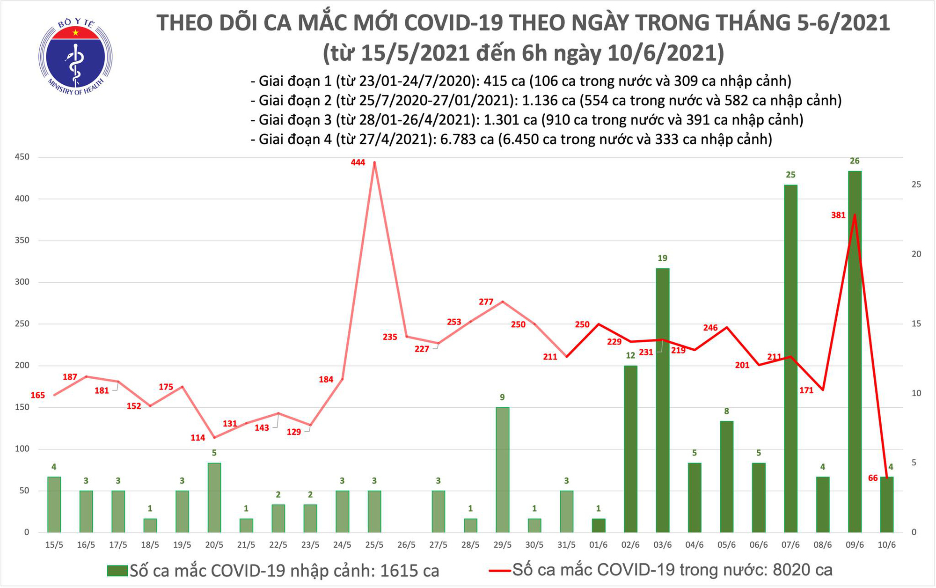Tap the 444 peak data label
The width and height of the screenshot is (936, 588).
tap(358, 162)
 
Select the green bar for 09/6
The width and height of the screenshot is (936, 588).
tap(854, 351)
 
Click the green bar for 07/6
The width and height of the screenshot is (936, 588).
tap(790, 358)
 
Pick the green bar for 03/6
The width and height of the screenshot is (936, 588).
tap(662, 400)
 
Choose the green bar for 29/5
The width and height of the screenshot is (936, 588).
tap(502, 470)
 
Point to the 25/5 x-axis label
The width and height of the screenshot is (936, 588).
tap(374, 545)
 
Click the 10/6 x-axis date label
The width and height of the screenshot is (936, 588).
tap(886, 545)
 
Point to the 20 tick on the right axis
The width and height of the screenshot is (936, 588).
tap(916, 254)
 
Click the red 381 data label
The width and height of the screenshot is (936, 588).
tap(838, 215)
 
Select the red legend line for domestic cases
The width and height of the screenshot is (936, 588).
tap(499, 571)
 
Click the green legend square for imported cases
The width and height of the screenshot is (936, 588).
tap(117, 571)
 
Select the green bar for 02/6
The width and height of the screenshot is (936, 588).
tap(630, 448)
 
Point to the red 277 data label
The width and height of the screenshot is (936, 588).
tap(486, 302)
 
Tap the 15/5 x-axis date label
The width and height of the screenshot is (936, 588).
tap(54, 545)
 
